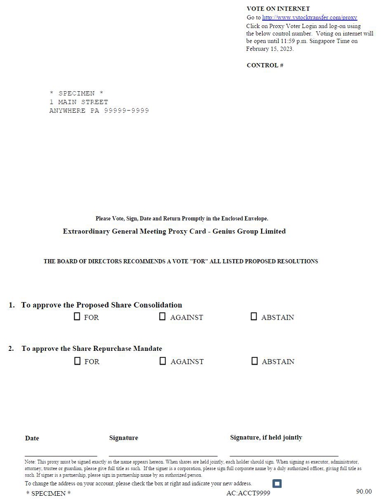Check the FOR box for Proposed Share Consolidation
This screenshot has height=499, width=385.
[x=77, y=316]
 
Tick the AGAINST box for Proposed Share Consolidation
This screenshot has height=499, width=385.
[x=162, y=316]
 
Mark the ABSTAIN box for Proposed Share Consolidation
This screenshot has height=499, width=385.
[x=254, y=316]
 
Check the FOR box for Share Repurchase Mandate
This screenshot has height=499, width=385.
[x=77, y=361]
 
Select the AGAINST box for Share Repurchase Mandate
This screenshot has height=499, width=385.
[x=163, y=361]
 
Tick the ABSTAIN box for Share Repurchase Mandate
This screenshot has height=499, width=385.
[x=255, y=361]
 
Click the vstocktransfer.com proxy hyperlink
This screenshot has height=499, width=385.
[x=309, y=17]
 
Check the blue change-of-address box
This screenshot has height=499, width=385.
[x=277, y=483]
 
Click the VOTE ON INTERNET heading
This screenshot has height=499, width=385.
[x=278, y=9]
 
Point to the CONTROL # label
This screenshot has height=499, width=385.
[x=265, y=65]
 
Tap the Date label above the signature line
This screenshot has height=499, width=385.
[x=32, y=438]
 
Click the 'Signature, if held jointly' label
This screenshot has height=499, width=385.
[x=266, y=438]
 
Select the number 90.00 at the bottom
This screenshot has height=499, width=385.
[x=364, y=492]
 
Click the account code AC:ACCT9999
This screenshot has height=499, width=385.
[x=248, y=493]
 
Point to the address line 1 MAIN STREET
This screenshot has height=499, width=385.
[x=79, y=102]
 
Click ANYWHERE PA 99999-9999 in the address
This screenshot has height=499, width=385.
[x=99, y=111]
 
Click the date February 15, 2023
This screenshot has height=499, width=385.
[x=269, y=49]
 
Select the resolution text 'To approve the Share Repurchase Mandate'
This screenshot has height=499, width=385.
[x=92, y=349]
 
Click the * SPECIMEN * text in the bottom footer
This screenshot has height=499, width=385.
[x=49, y=493]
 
